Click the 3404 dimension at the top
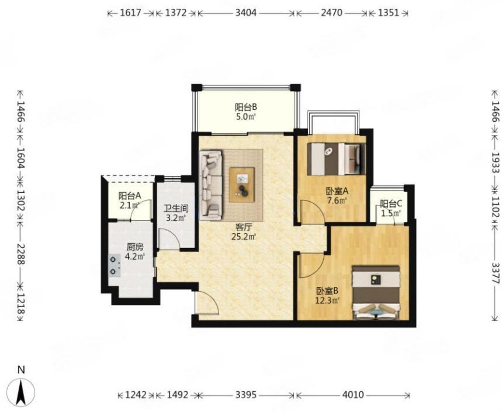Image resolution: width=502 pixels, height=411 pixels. pyautogui.click(x=246, y=13)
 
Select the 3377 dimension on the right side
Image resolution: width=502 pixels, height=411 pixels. pyautogui.click(x=495, y=273)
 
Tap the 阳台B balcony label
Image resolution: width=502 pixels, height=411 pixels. pyautogui.click(x=246, y=107)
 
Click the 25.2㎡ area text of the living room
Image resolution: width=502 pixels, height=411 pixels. pyautogui.click(x=244, y=237)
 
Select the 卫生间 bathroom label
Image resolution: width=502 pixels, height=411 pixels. pyautogui.click(x=176, y=209)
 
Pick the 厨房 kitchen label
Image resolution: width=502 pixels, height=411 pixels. pyautogui.click(x=135, y=247)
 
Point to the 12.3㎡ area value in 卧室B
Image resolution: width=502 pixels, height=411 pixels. pyautogui.click(x=327, y=300)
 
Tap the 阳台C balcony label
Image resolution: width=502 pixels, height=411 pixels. pyautogui.click(x=391, y=203)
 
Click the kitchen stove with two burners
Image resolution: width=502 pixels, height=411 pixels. pyautogui.click(x=115, y=266)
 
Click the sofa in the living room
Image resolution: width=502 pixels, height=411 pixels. pyautogui.click(x=211, y=184)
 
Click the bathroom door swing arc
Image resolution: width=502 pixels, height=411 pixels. pyautogui.click(x=170, y=239)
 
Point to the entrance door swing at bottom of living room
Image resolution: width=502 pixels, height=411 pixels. pyautogui.click(x=207, y=302)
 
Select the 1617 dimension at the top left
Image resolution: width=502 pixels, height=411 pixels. pyautogui.click(x=131, y=13)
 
